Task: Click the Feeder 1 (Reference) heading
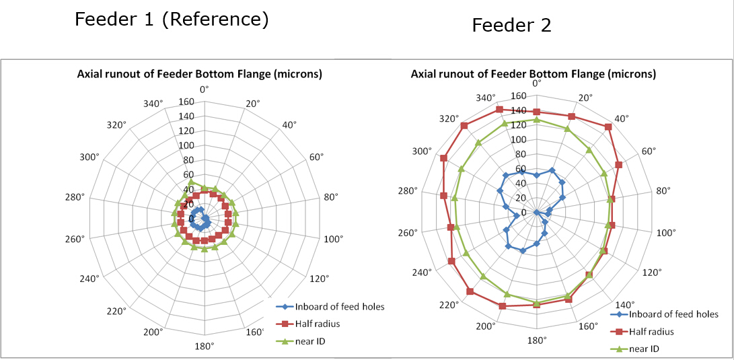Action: click(172, 20)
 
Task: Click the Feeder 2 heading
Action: click(511, 26)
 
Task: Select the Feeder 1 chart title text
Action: click(200, 73)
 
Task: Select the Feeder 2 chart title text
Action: click(533, 73)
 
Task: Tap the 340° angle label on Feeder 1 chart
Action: click(154, 104)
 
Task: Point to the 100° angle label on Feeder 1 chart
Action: click(334, 239)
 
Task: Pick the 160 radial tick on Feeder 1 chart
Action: click(186, 102)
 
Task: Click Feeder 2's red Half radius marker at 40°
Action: click(608, 127)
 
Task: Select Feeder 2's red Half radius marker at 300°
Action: click(443, 158)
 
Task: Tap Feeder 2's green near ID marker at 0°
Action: click(536, 120)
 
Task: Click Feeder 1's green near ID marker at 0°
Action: click(191, 182)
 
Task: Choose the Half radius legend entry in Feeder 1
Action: click(317, 324)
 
